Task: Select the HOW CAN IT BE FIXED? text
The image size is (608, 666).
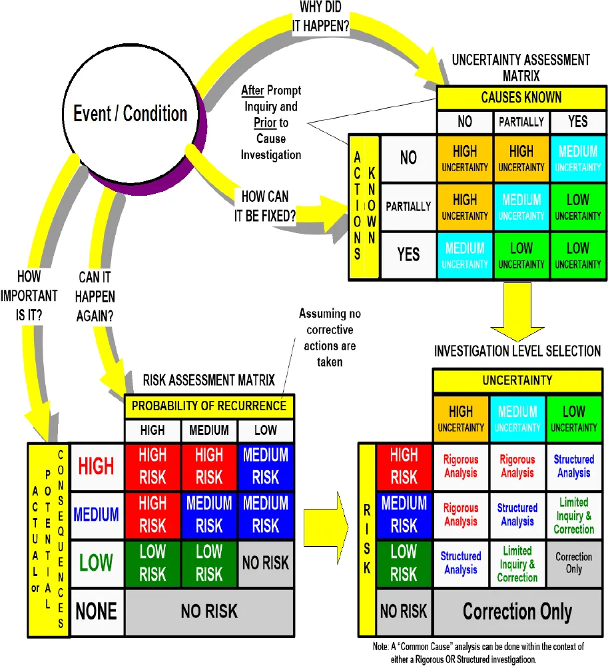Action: [x=265, y=205]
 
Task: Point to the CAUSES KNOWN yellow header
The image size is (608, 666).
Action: [x=521, y=98]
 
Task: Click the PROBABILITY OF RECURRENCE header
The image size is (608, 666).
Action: [x=209, y=406]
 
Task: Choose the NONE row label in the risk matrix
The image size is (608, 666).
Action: [x=97, y=610]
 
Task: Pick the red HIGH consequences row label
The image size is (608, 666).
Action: [x=97, y=466]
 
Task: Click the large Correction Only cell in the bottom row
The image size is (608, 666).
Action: [x=517, y=611]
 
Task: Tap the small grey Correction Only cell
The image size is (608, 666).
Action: [x=573, y=563]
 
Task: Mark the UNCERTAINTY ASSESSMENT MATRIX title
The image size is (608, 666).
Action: [x=521, y=67]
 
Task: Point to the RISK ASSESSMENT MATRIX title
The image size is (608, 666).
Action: [x=208, y=380]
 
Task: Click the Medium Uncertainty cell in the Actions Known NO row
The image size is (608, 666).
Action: [x=578, y=159]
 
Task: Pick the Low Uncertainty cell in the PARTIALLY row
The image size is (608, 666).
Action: [x=578, y=207]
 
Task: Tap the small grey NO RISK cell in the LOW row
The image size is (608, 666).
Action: [x=265, y=563]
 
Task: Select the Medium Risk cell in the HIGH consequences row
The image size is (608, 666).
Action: [x=265, y=466]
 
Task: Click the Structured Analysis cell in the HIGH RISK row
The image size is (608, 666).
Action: [x=573, y=466]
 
